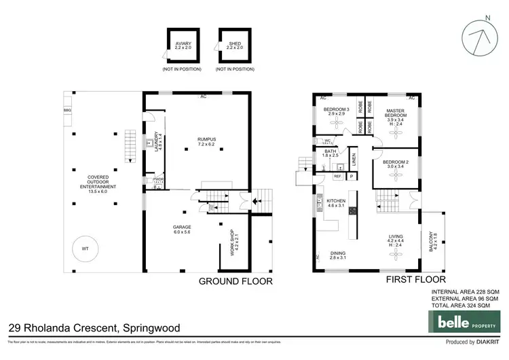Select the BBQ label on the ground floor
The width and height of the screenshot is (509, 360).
click(x=67, y=109)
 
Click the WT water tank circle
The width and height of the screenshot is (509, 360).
click(x=85, y=248)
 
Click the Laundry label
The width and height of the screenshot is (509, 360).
click(x=157, y=144)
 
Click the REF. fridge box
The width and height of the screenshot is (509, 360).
click(x=338, y=176)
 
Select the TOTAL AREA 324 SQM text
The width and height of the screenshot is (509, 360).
click(x=466, y=306)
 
